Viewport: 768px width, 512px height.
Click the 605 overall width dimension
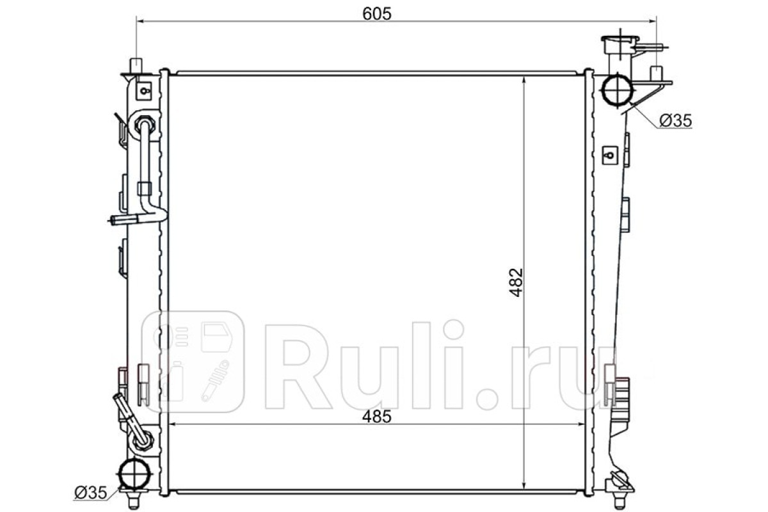point(377,14)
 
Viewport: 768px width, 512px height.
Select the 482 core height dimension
point(516,282)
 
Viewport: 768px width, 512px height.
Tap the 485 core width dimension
point(377,417)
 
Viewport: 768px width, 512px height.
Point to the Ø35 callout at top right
point(676,121)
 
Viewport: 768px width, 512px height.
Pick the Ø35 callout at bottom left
point(91,493)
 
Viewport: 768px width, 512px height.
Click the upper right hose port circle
point(618,89)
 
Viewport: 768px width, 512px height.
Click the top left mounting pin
point(136,66)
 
